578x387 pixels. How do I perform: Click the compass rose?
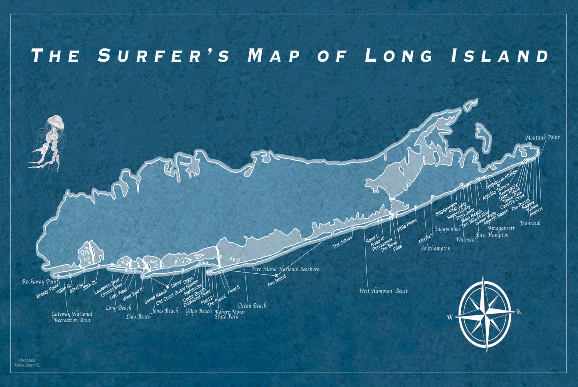click(x=486, y=314)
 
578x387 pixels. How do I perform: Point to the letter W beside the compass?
click(x=450, y=318)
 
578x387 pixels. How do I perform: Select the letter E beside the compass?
click(x=519, y=312)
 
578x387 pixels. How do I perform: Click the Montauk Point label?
click(x=542, y=138)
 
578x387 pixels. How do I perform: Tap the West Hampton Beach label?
click(x=384, y=291)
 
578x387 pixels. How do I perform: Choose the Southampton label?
click(x=436, y=249)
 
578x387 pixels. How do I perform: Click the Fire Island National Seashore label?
click(x=285, y=269)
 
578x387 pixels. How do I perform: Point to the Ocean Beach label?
click(x=252, y=306)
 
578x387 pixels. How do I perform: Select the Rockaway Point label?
click(x=40, y=282)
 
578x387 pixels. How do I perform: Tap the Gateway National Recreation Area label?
click(x=72, y=317)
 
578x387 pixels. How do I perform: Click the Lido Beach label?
click(x=138, y=317)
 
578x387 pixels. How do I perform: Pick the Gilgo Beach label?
click(x=199, y=311)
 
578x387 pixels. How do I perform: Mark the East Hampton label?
click(x=492, y=235)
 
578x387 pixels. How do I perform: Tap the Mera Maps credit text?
click(x=27, y=363)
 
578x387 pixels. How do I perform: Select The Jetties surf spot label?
click(x=342, y=243)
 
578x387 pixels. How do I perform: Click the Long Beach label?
click(x=118, y=308)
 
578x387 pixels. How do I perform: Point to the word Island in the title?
click(x=500, y=56)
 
